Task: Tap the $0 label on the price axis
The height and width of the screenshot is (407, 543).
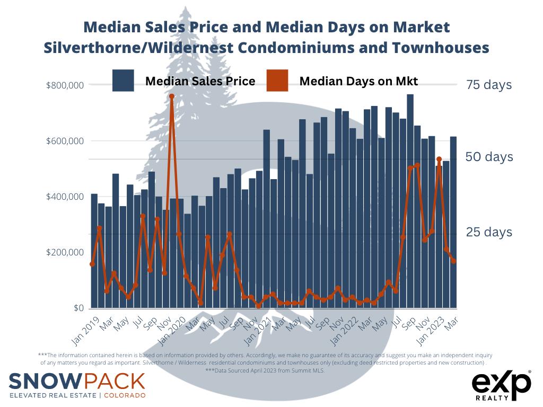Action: coord(78,308)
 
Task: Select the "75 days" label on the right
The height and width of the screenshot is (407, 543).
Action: coord(489,85)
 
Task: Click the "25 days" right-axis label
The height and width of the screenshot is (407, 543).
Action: coord(489,232)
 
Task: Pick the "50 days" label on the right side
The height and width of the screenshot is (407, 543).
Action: coord(489,157)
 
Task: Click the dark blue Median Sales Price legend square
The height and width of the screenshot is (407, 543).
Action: coord(123,81)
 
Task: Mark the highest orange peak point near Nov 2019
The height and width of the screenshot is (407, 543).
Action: coord(172,96)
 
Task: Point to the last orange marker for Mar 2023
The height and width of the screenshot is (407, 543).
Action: coord(453,261)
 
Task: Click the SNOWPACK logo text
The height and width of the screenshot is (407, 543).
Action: coord(77,381)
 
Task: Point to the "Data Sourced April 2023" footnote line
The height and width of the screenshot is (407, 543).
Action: coord(265,370)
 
